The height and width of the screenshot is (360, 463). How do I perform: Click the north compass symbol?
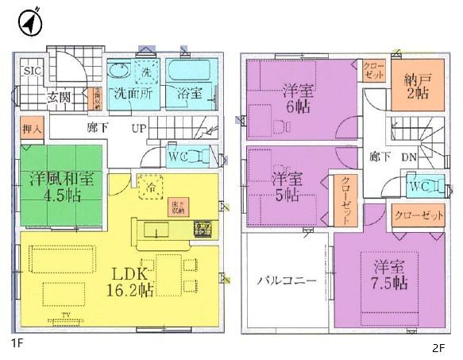(30, 22)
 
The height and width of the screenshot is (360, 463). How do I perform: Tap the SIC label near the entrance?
(32, 72)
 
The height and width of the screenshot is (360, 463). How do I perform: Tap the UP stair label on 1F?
(137, 128)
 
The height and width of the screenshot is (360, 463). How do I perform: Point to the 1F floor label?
(17, 343)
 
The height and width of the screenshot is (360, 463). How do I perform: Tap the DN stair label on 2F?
(409, 157)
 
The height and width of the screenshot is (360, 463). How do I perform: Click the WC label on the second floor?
(419, 187)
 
